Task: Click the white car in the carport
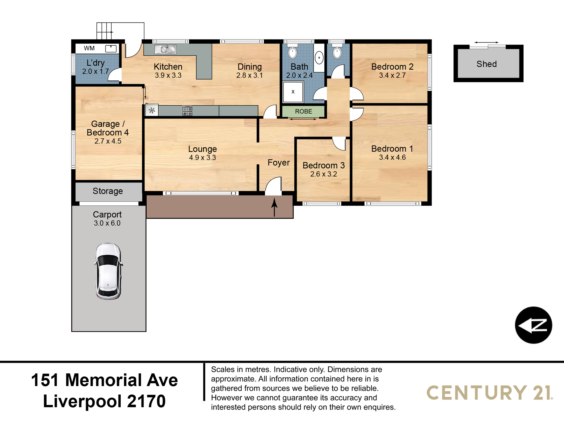(109, 271)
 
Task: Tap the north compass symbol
(534, 325)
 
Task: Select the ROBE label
(303, 111)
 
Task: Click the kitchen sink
(166, 50)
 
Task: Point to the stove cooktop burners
(187, 111)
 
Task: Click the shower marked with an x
(293, 92)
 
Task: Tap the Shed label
(487, 64)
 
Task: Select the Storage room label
(108, 191)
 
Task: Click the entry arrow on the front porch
(274, 207)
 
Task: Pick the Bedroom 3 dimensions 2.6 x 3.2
(324, 174)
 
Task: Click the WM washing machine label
(89, 48)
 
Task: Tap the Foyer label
(279, 163)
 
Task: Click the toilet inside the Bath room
(292, 51)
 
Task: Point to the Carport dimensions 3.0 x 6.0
(107, 223)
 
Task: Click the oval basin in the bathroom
(319, 58)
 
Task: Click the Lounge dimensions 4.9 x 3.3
(202, 158)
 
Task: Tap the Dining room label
(250, 67)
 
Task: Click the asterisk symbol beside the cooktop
(152, 110)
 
